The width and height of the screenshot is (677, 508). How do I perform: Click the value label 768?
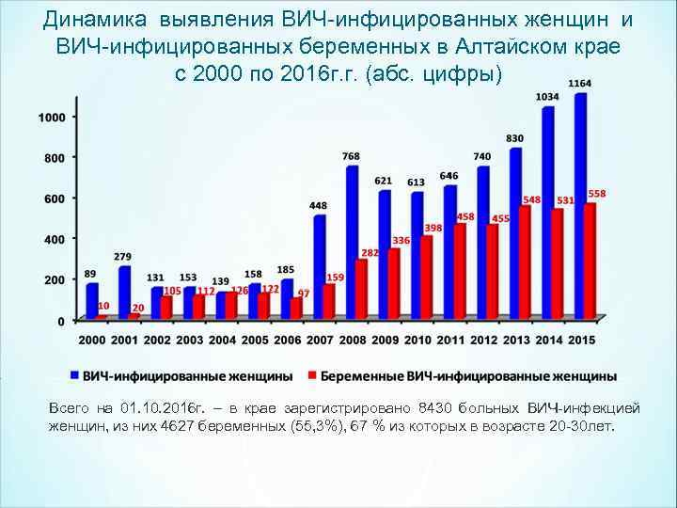coord(351,156)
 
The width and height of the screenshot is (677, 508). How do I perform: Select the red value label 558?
coord(597,194)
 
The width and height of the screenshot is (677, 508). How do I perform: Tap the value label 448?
coord(318,205)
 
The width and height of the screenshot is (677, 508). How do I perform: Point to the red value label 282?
coord(370,253)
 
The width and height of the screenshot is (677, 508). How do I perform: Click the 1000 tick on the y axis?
coord(52,117)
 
